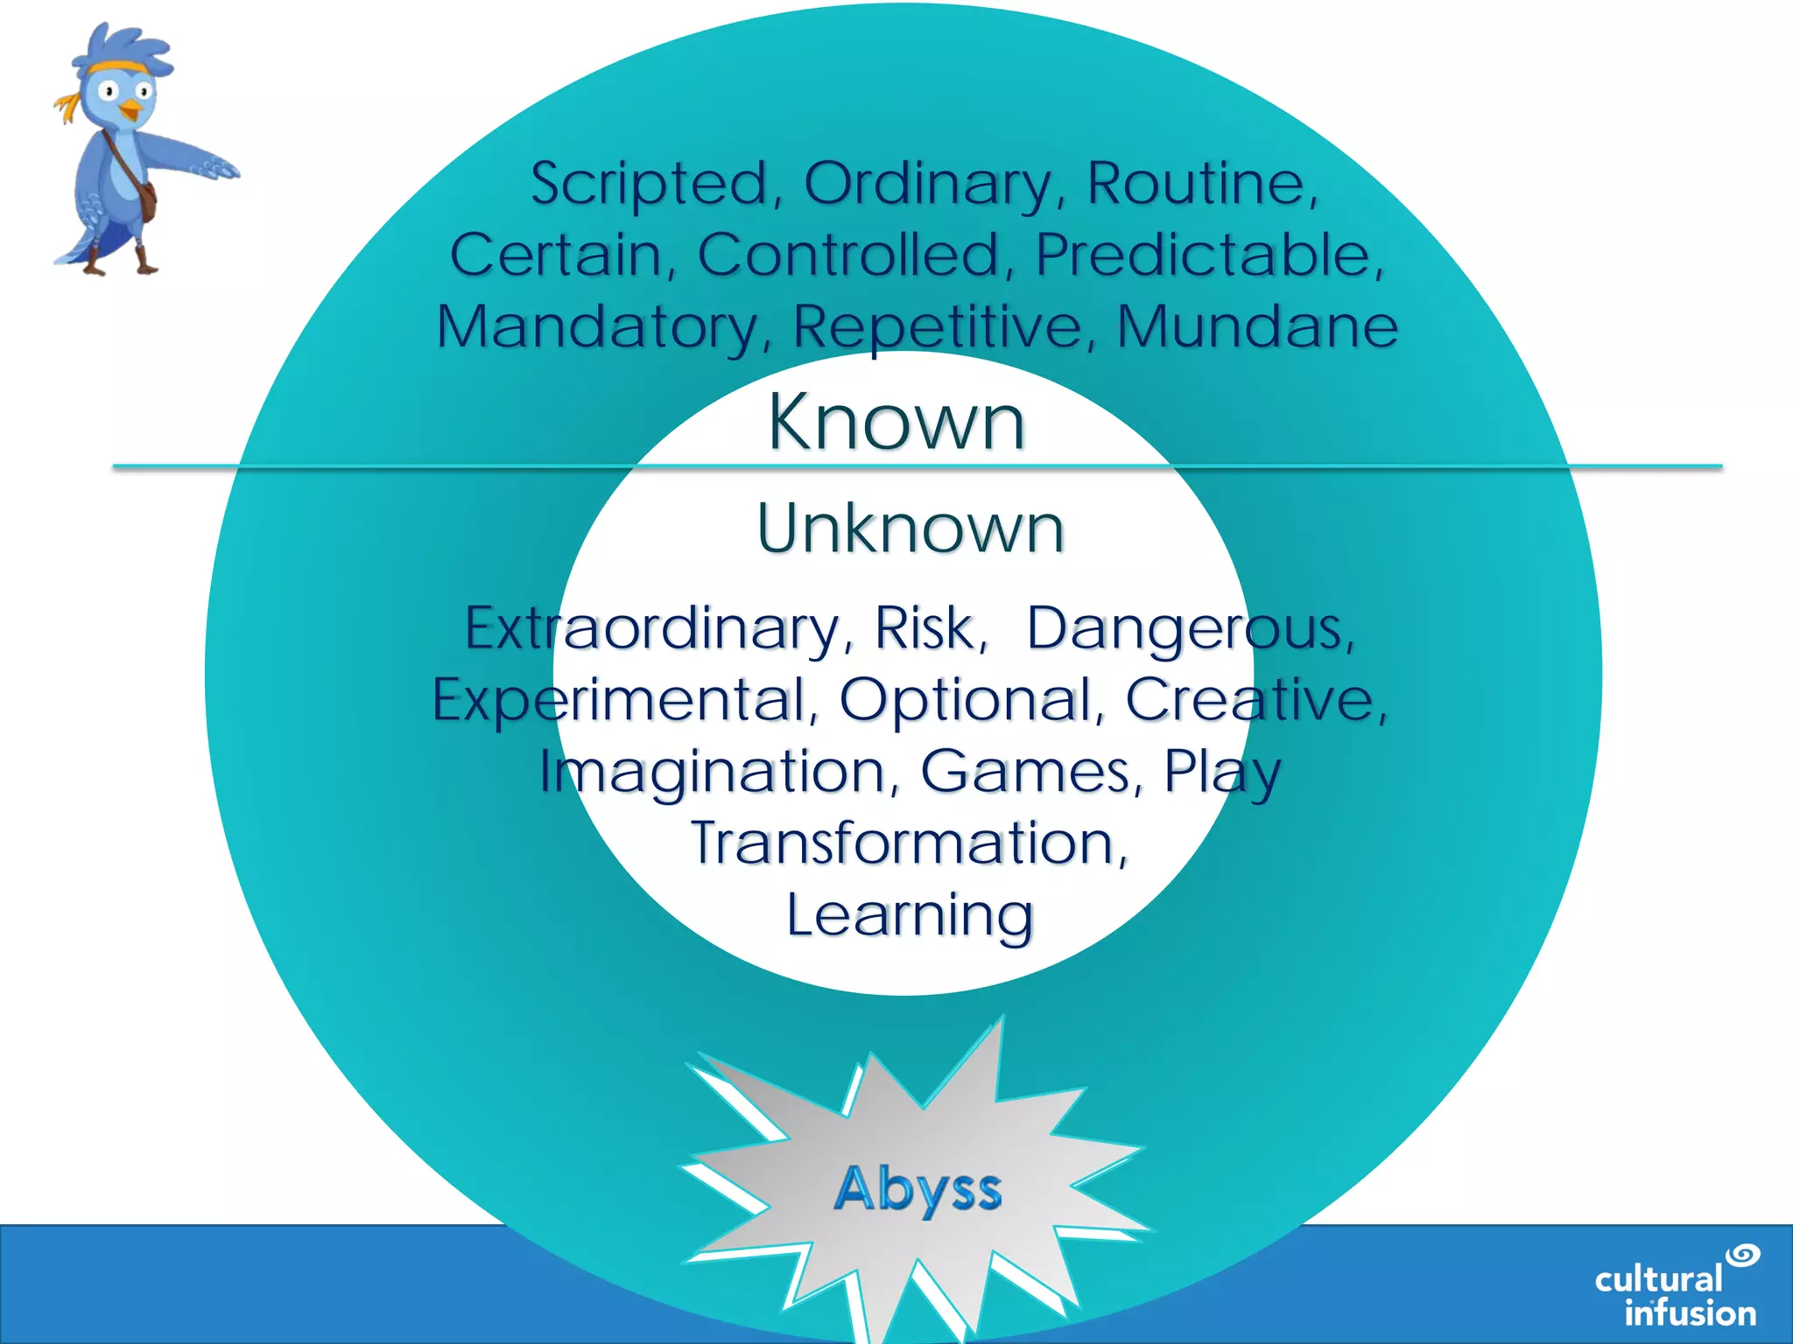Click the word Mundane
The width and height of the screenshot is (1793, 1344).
click(x=1257, y=328)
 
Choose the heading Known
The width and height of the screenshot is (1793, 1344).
click(x=896, y=423)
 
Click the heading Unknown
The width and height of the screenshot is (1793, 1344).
click(x=911, y=528)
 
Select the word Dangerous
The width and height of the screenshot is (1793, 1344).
click(x=1190, y=630)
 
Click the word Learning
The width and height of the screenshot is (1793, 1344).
click(x=911, y=916)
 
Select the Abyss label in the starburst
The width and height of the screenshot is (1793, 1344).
click(x=918, y=1190)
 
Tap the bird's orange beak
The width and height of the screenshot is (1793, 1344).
click(x=130, y=110)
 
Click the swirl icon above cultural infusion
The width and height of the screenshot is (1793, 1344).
click(x=1742, y=1255)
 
